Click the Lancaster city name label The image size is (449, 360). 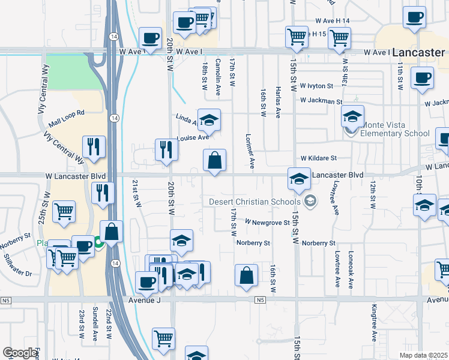coord(419,53)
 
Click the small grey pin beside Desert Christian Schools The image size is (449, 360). coord(310,202)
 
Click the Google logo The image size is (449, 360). coord(20,353)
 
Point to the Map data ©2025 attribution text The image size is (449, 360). coord(423,355)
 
